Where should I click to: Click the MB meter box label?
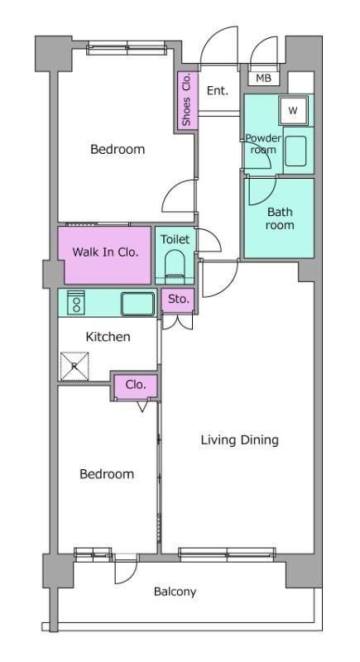264,78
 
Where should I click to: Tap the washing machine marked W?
293,110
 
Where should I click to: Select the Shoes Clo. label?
186,99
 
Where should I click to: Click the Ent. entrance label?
218,91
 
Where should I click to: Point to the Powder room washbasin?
295,151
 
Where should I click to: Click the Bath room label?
280,218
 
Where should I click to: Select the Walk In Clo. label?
105,252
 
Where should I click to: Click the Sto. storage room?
178,300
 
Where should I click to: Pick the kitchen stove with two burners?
76,302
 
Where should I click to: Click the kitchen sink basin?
138,304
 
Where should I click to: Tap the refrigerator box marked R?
74,366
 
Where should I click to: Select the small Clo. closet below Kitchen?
136,386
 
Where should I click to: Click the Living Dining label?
240,440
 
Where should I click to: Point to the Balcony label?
175,592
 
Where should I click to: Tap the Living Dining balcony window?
227,554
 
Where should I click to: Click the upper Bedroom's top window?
127,48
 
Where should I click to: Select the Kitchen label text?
108,337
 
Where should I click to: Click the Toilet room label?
175,239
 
